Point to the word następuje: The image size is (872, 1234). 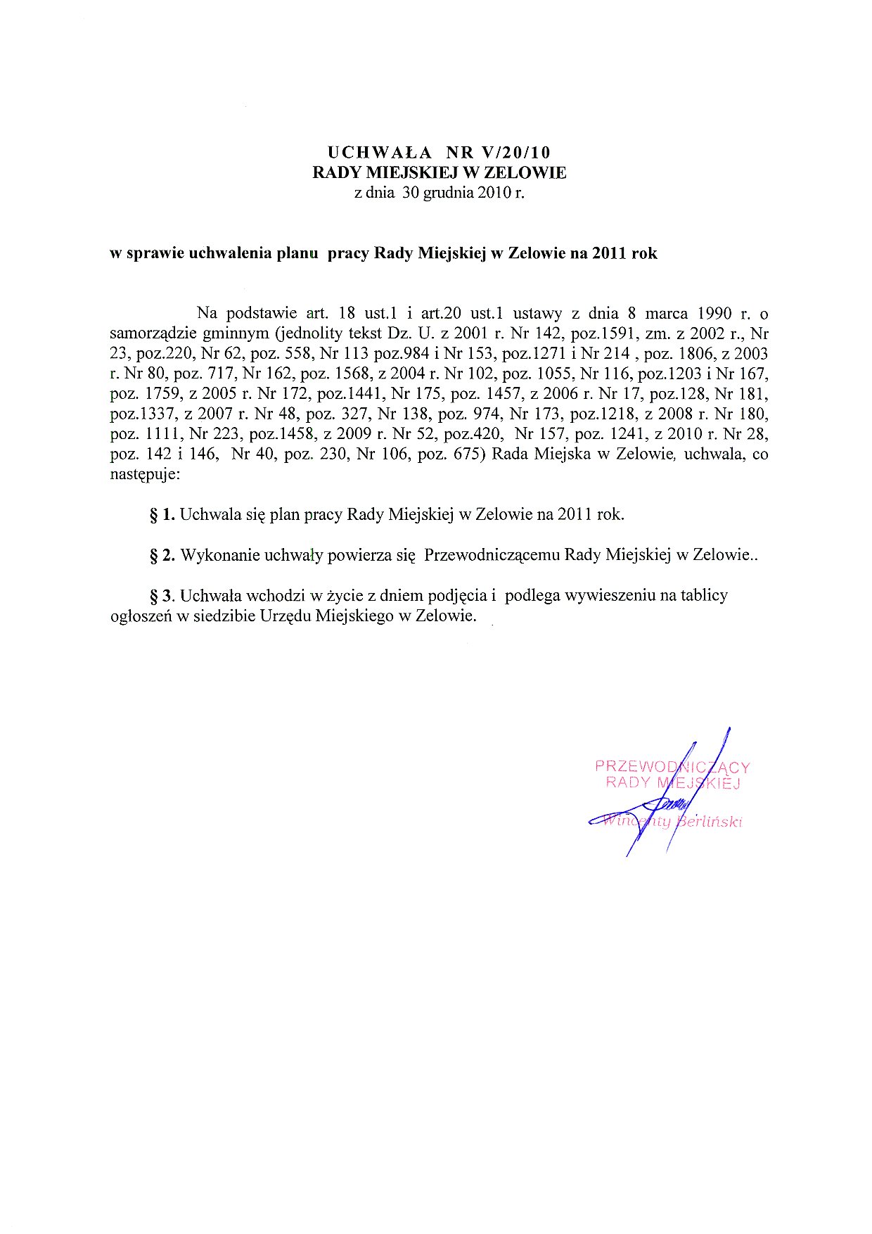146,475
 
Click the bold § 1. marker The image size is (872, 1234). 162,514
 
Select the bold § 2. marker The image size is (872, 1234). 162,555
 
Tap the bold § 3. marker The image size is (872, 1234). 162,596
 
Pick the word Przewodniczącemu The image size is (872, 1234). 492,555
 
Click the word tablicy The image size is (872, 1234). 705,595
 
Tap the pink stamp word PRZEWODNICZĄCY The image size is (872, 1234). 672,767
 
